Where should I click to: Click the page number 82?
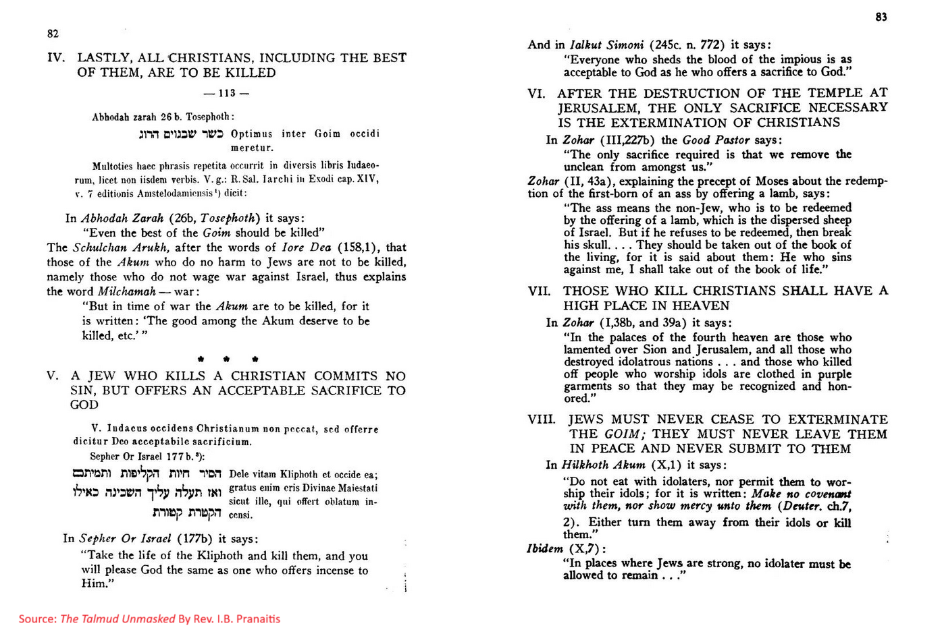[x=53, y=34]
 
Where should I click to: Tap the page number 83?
[x=881, y=18]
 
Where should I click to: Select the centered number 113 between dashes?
[x=226, y=94]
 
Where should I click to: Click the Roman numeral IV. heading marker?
[x=56, y=58]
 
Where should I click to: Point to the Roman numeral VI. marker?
[x=537, y=94]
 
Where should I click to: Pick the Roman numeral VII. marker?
[x=540, y=291]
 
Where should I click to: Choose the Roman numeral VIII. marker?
[x=542, y=419]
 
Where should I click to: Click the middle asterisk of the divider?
[x=227, y=359]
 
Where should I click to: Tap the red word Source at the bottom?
[x=37, y=619]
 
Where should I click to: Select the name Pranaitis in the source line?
[x=258, y=619]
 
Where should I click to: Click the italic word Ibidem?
[x=545, y=549]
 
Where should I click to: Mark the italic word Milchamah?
[x=127, y=292]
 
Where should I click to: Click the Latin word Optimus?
[x=252, y=134]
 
